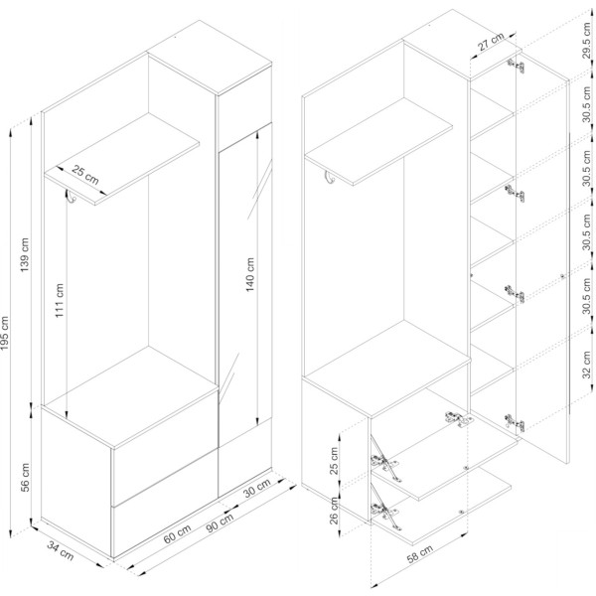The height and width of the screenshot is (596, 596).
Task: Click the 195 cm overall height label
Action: pyautogui.click(x=5, y=334)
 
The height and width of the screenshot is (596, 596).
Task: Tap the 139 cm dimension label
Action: pyautogui.click(x=24, y=254)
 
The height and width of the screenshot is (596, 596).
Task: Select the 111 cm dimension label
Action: pyautogui.click(x=60, y=301)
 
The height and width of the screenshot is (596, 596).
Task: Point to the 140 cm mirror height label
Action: pyautogui.click(x=249, y=274)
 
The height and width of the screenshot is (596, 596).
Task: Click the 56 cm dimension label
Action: pyautogui.click(x=25, y=478)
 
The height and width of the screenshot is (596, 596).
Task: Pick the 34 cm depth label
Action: pyautogui.click(x=61, y=550)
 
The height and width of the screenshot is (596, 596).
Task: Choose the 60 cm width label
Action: pyautogui.click(x=177, y=533)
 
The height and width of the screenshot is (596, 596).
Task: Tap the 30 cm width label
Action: pyautogui.click(x=257, y=488)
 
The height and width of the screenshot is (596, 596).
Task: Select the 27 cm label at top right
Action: pyautogui.click(x=491, y=42)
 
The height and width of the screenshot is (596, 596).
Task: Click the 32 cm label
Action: pyautogui.click(x=587, y=365)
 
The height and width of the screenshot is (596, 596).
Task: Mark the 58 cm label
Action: pyautogui.click(x=419, y=554)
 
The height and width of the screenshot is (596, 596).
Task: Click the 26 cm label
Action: pyautogui.click(x=334, y=511)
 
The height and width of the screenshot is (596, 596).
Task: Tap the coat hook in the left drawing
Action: pyautogui.click(x=71, y=196)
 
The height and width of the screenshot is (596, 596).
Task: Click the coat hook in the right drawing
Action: pyautogui.click(x=329, y=177)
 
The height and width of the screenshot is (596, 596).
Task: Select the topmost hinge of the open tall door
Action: pyautogui.click(x=516, y=66)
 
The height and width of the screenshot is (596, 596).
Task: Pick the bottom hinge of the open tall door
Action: pyautogui.click(x=515, y=422)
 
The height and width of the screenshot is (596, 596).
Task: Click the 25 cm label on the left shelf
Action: pyautogui.click(x=85, y=175)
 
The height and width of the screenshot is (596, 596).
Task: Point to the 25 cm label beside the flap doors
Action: pyautogui.click(x=334, y=461)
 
